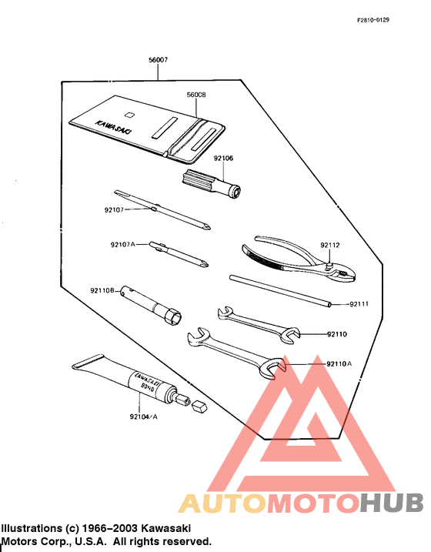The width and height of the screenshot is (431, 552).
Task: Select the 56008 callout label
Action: [197, 95]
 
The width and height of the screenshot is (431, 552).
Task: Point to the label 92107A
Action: [122, 244]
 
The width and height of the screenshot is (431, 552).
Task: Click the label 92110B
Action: [102, 290]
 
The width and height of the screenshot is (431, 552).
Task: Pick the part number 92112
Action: [330, 246]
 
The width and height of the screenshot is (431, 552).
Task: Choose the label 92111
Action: [359, 304]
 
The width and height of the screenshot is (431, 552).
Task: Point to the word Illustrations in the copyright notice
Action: [30, 529]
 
